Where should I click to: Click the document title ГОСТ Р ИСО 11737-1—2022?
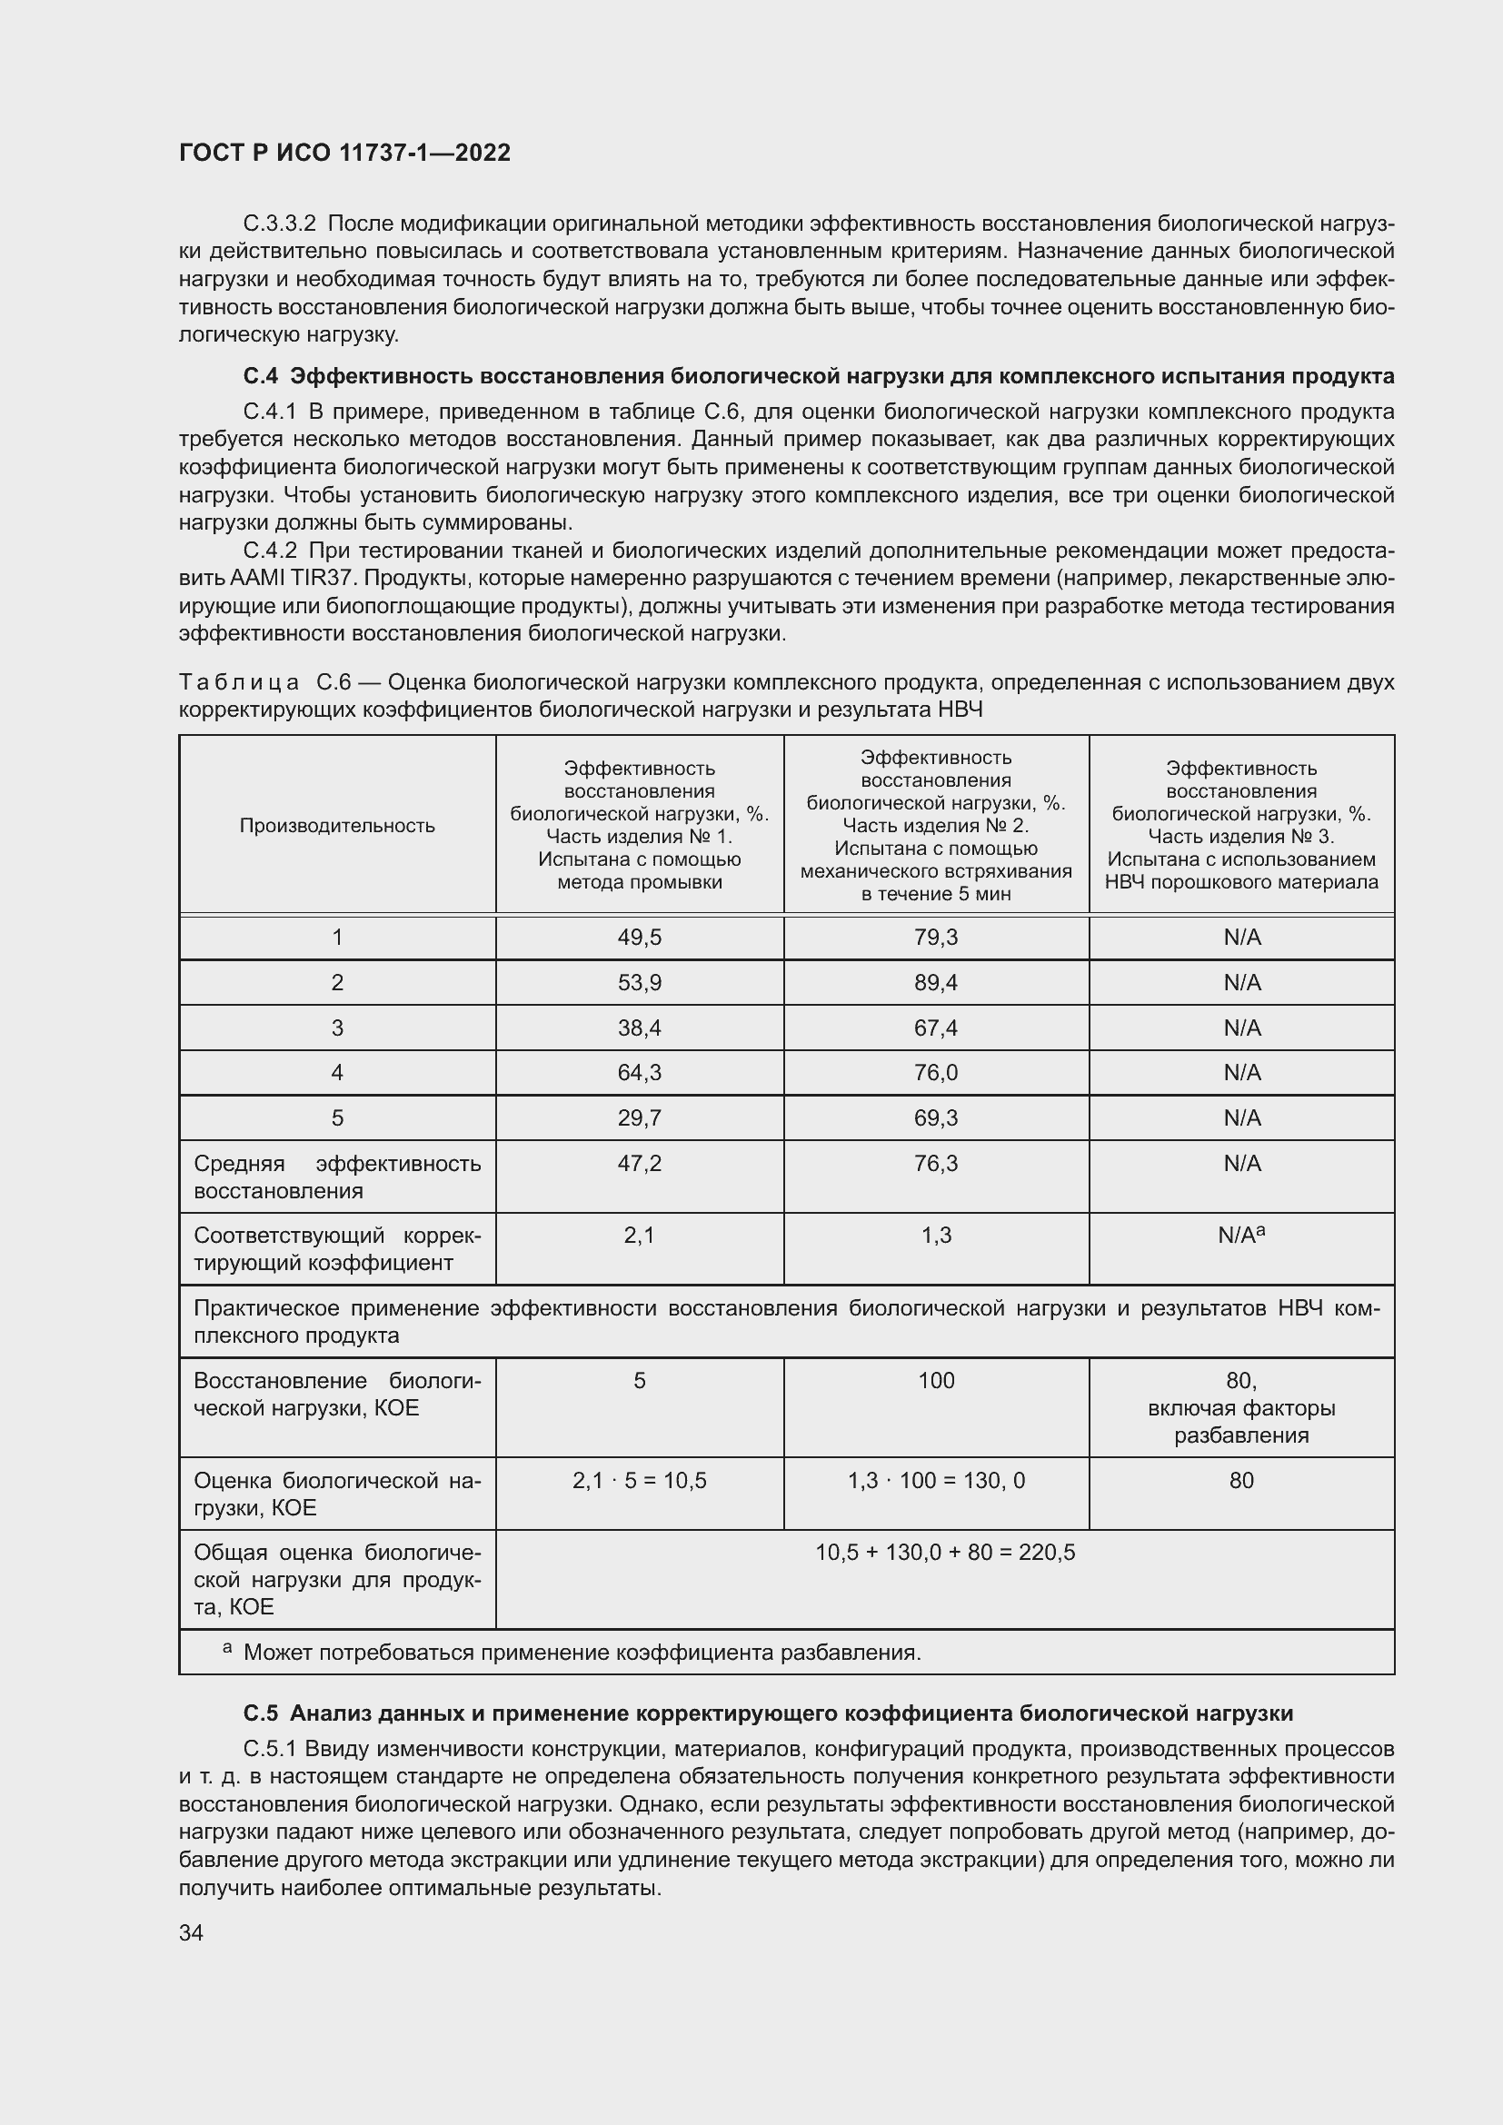[x=344, y=153]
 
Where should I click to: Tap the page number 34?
[x=191, y=1932]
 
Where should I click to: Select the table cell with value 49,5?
[x=640, y=938]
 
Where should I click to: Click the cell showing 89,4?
[x=936, y=982]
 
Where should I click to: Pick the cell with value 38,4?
[x=640, y=1028]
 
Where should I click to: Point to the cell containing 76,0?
[x=936, y=1072]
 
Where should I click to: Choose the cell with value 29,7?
[x=640, y=1118]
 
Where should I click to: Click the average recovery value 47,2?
[x=640, y=1164]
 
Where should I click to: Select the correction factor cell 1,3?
[x=936, y=1236]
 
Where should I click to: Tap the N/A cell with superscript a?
[x=1241, y=1236]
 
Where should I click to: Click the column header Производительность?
[x=337, y=826]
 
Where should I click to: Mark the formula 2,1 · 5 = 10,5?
[x=640, y=1481]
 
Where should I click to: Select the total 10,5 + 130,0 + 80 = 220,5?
[x=945, y=1552]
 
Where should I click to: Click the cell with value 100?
[x=936, y=1381]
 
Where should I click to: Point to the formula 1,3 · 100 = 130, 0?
[x=936, y=1481]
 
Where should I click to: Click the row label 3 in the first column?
[x=337, y=1028]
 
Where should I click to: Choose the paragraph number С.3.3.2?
[x=280, y=224]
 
